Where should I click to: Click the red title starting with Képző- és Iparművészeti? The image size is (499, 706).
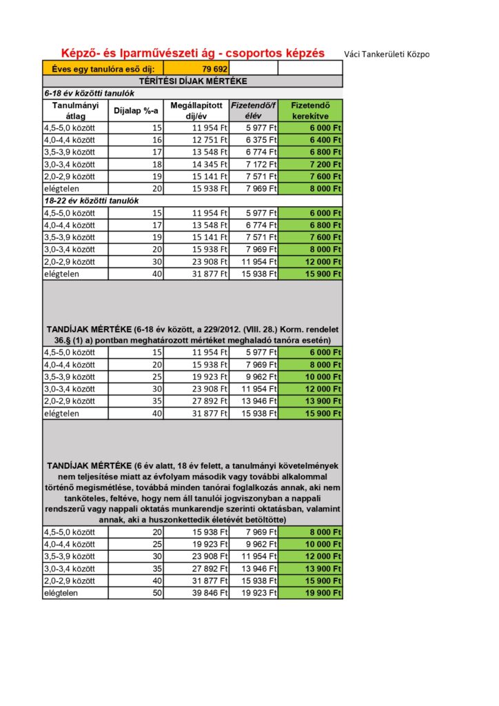(x=193, y=53)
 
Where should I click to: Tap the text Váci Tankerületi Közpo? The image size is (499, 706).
(x=386, y=54)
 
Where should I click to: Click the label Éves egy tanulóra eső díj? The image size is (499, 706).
(x=103, y=69)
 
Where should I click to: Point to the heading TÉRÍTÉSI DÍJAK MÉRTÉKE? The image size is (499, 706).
(x=192, y=81)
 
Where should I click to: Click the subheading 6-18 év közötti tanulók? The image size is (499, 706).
(x=89, y=92)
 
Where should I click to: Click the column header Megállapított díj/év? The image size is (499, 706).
(x=196, y=110)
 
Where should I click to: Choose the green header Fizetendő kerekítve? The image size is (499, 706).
(x=310, y=110)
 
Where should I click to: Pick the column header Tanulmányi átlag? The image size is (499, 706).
(x=76, y=110)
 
